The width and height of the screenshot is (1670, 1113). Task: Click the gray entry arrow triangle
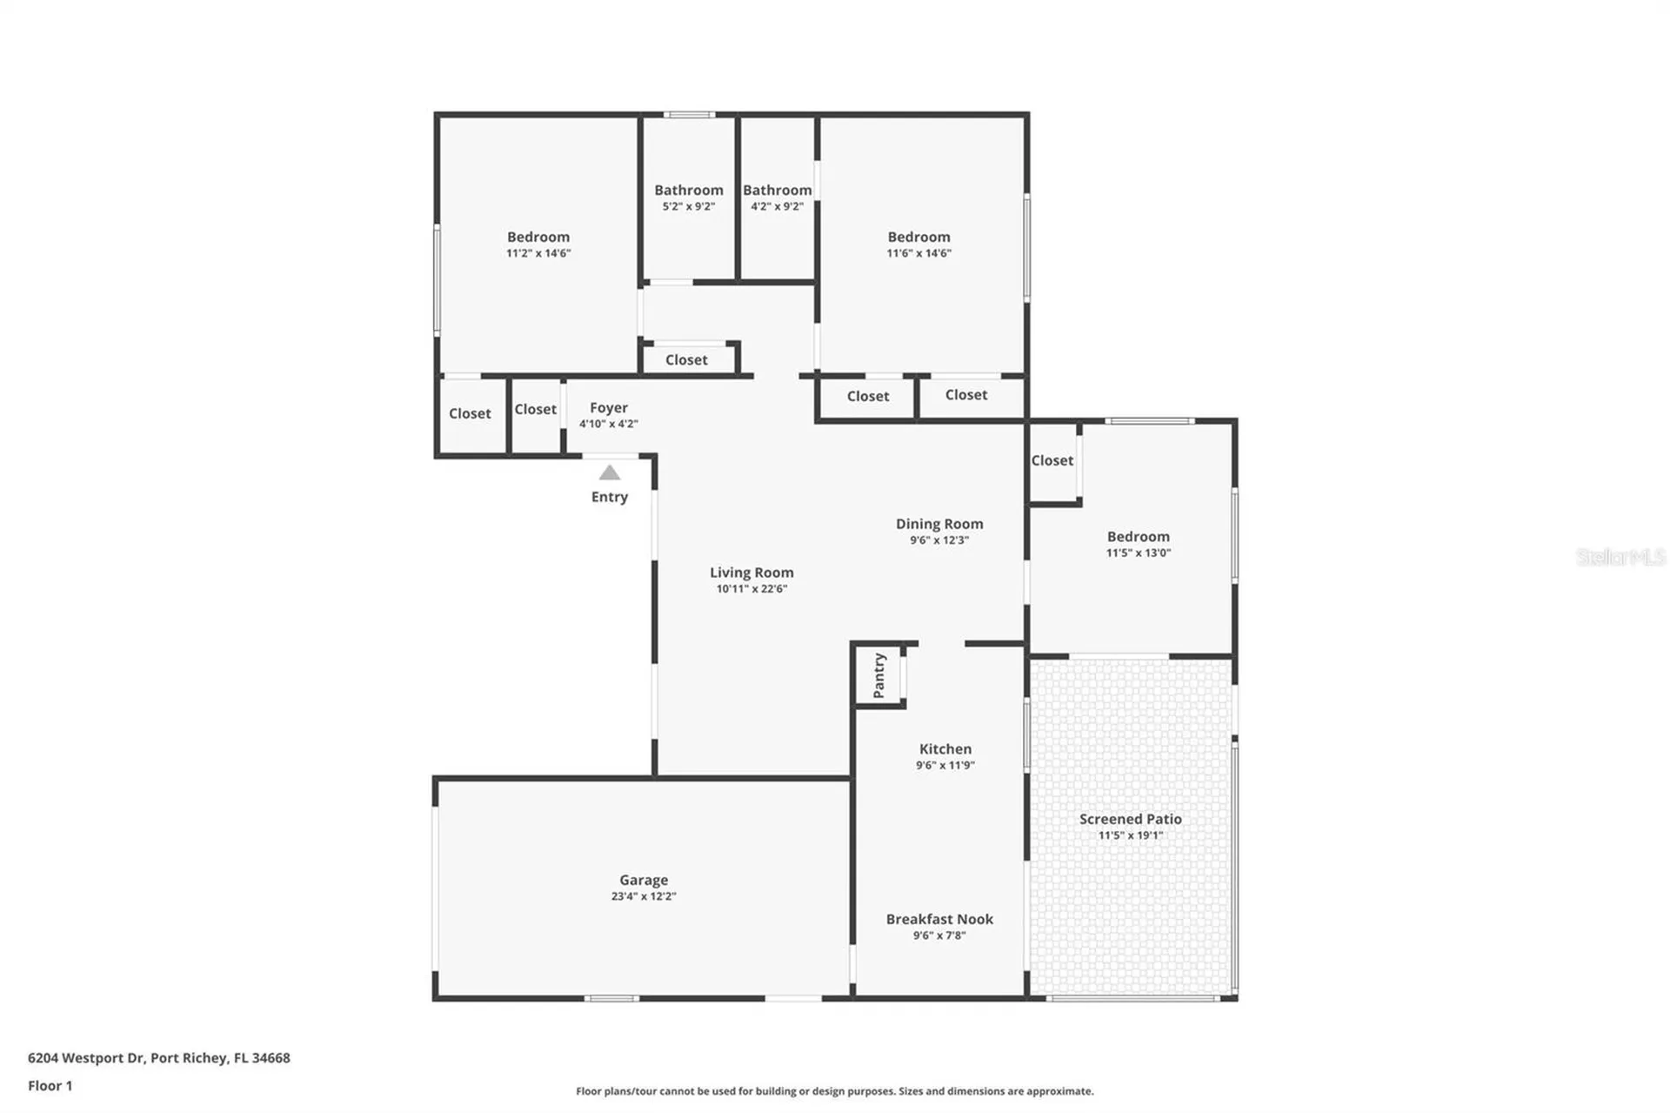pyautogui.click(x=609, y=473)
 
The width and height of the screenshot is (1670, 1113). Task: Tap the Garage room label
pyautogui.click(x=643, y=880)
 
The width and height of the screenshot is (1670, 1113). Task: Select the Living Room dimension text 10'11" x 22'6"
pyautogui.click(x=751, y=588)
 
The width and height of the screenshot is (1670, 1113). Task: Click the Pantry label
pyautogui.click(x=878, y=675)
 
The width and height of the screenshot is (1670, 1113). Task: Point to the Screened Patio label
pyautogui.click(x=1130, y=819)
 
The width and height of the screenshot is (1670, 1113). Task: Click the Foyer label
pyautogui.click(x=608, y=407)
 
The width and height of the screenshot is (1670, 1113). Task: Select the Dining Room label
pyautogui.click(x=939, y=524)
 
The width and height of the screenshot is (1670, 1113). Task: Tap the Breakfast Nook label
pyautogui.click(x=939, y=919)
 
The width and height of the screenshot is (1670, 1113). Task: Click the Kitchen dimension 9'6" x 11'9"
pyautogui.click(x=945, y=765)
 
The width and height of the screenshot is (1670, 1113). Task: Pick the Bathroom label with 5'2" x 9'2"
pyautogui.click(x=688, y=190)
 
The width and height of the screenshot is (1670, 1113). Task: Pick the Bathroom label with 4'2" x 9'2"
pyautogui.click(x=777, y=190)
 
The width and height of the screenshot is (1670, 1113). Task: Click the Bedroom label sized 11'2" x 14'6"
pyautogui.click(x=538, y=237)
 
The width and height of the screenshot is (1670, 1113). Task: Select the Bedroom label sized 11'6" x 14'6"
pyautogui.click(x=918, y=237)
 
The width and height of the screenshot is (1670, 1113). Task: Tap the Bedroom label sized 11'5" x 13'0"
pyautogui.click(x=1138, y=537)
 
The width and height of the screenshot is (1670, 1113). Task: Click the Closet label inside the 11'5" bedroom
pyautogui.click(x=1052, y=460)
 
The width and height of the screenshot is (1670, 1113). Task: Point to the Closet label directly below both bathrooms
pyautogui.click(x=686, y=359)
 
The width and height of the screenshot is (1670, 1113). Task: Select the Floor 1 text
pyautogui.click(x=50, y=1085)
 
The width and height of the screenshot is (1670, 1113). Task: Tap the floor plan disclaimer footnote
pyautogui.click(x=834, y=1090)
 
